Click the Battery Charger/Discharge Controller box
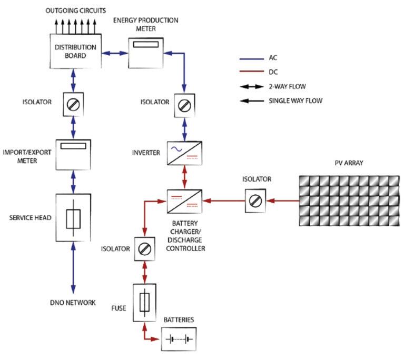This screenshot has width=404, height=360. click(184, 201)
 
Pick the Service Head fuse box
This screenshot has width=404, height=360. click(73, 218)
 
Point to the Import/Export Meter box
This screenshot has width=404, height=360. click(74, 154)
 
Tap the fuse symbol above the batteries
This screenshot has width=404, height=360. click(145, 302)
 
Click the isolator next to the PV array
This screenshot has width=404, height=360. click(255, 201)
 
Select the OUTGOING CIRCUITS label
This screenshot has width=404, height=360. click(76, 10)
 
